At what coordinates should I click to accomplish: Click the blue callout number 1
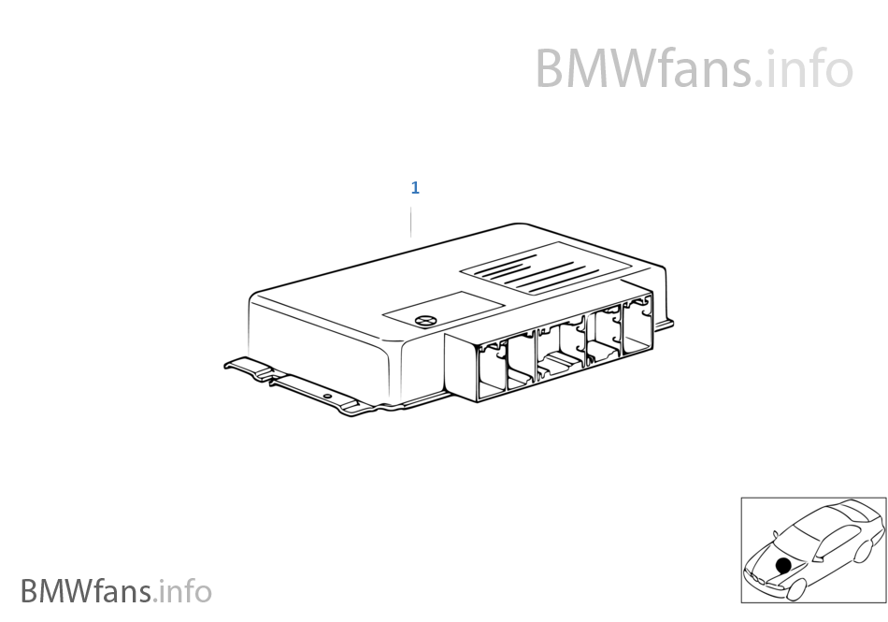tap(415, 187)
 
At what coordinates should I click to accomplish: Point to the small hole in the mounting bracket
tap(327, 396)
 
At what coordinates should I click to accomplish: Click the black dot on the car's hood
tap(783, 565)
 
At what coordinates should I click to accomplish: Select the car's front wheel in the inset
tap(795, 589)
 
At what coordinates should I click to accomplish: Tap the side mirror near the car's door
tap(817, 558)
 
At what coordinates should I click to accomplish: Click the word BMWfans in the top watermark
tap(644, 68)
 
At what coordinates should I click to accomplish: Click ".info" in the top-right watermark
tap(804, 68)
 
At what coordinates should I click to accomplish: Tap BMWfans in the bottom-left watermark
tap(86, 591)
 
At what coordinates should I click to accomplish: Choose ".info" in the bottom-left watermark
tap(182, 591)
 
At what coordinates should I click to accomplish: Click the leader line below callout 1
tap(411, 222)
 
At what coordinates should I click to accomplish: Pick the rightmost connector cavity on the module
tap(638, 326)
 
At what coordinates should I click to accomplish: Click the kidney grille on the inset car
tap(759, 578)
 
